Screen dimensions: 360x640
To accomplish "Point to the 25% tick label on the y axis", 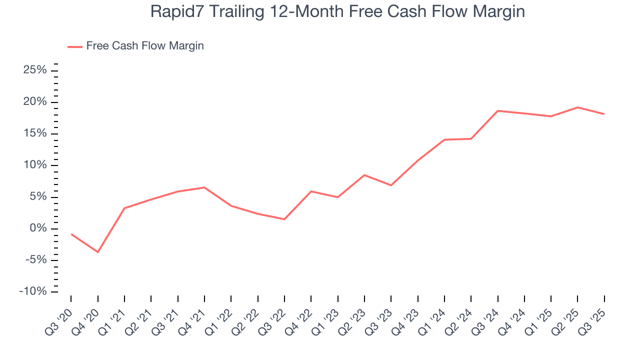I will pyautogui.click(x=35, y=70).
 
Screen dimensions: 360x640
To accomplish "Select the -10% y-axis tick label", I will pyautogui.click(x=33, y=291).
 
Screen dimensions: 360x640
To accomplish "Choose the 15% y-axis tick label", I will pyautogui.click(x=35, y=133).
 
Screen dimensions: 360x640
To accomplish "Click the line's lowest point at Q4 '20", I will pyautogui.click(x=97, y=252).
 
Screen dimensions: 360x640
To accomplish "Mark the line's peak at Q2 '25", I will pyautogui.click(x=577, y=107).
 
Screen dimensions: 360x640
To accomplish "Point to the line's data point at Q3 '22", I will pyautogui.click(x=284, y=219).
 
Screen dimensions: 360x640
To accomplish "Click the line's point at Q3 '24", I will pyautogui.click(x=497, y=110).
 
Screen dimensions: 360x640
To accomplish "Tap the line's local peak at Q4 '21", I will pyautogui.click(x=204, y=187).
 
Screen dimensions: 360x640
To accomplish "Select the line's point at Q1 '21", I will pyautogui.click(x=124, y=208).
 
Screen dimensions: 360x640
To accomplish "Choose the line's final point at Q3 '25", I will pyautogui.click(x=604, y=114).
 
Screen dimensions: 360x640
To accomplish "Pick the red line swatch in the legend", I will pyautogui.click(x=75, y=46).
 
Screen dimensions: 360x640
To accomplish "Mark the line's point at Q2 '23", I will pyautogui.click(x=364, y=175).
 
